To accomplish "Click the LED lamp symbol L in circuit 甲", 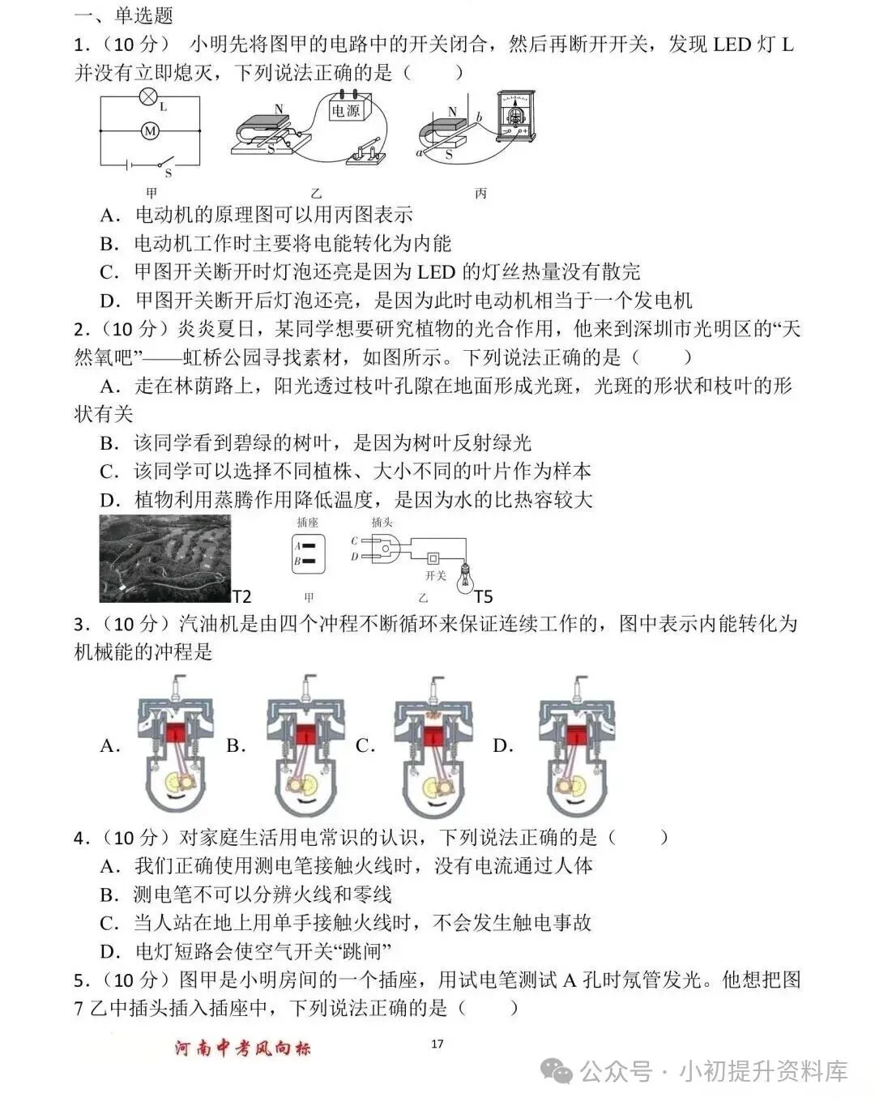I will pyautogui.click(x=147, y=98).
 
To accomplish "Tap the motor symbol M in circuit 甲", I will pyautogui.click(x=150, y=130).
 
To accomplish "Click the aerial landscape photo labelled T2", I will pyautogui.click(x=164, y=559).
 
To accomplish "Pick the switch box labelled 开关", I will pyautogui.click(x=433, y=559).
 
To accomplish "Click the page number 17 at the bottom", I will pyautogui.click(x=437, y=1044).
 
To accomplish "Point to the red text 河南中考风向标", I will pyautogui.click(x=243, y=1048).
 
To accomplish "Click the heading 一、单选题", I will pyautogui.click(x=123, y=15).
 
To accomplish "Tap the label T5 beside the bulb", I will pyautogui.click(x=483, y=597).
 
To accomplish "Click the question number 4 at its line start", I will pyautogui.click(x=79, y=838).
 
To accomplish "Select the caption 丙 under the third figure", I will pyautogui.click(x=480, y=194).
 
